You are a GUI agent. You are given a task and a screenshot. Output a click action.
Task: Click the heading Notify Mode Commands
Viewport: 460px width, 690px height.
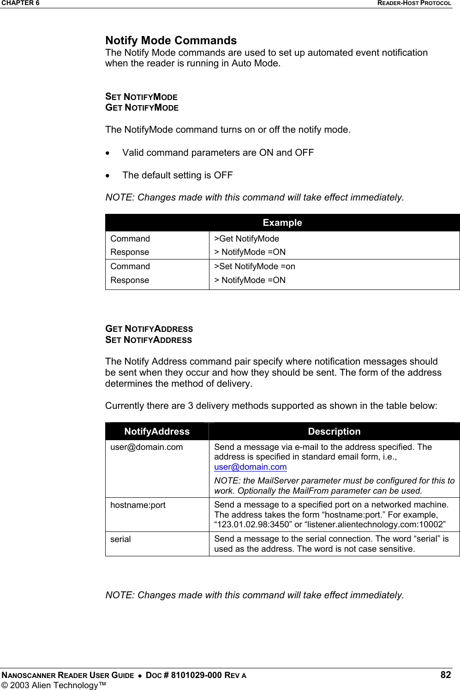(171, 41)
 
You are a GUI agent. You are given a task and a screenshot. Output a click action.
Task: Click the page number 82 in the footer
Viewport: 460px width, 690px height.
(445, 675)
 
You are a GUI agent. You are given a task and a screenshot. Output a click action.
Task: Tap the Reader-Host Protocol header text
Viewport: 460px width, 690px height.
(414, 3)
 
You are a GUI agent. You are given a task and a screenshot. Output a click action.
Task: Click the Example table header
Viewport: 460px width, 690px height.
(282, 223)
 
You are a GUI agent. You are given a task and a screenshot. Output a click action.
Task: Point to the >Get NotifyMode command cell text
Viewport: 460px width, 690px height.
(246, 239)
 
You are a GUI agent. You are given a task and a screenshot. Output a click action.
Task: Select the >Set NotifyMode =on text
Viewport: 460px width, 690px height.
(254, 266)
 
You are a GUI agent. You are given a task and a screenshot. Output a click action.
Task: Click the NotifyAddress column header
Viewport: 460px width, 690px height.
(157, 431)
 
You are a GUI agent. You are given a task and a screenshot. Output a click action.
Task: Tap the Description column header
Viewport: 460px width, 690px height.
(334, 431)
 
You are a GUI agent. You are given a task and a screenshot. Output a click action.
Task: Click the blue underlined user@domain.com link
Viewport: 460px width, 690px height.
(250, 467)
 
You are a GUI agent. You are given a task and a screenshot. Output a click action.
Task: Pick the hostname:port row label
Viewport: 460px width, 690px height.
(137, 505)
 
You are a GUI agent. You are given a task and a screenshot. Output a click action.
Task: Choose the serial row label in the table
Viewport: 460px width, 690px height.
(120, 539)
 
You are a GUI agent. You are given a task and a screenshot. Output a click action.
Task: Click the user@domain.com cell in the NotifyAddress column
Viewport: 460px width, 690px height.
(146, 447)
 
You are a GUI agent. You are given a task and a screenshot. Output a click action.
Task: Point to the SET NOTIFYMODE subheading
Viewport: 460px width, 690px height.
(141, 97)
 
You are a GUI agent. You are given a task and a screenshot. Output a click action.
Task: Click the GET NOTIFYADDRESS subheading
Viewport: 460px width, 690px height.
(149, 329)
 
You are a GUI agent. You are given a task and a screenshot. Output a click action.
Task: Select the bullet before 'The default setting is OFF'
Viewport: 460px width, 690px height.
(108, 176)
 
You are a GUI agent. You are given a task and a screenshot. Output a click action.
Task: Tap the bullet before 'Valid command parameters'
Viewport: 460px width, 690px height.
(108, 153)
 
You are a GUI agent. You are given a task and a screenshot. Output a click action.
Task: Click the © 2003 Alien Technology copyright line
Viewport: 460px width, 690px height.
(53, 685)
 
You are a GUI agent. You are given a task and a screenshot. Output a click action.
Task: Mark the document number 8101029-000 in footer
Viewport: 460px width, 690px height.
(196, 675)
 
